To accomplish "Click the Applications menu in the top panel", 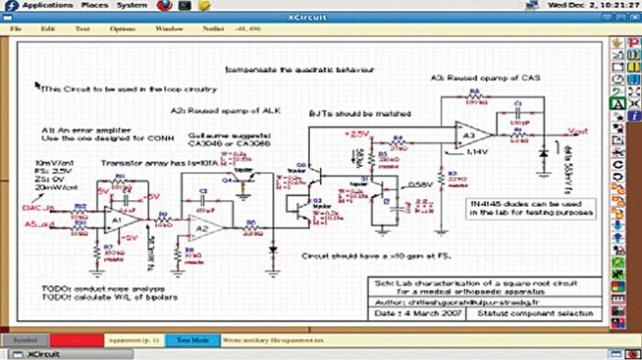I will (48, 6).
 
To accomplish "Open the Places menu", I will (94, 6).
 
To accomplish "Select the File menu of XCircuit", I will (17, 29).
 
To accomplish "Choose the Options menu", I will (123, 29).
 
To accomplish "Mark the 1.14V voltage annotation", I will (477, 150).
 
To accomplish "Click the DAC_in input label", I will (38, 209).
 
